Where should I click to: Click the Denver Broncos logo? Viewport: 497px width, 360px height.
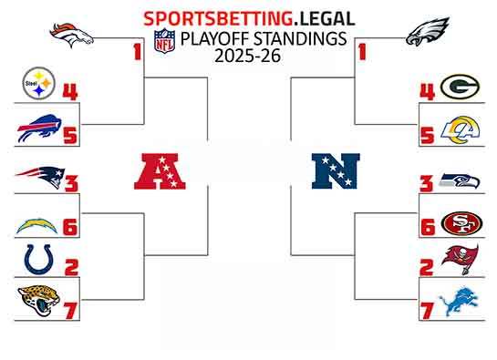coord(72,36)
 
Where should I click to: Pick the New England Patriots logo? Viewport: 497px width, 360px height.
coord(39,176)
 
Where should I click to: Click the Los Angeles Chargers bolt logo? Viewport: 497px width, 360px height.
coord(38,223)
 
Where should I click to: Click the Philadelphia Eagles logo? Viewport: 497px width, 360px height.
coord(428,37)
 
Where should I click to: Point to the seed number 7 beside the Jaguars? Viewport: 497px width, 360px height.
coord(70,309)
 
